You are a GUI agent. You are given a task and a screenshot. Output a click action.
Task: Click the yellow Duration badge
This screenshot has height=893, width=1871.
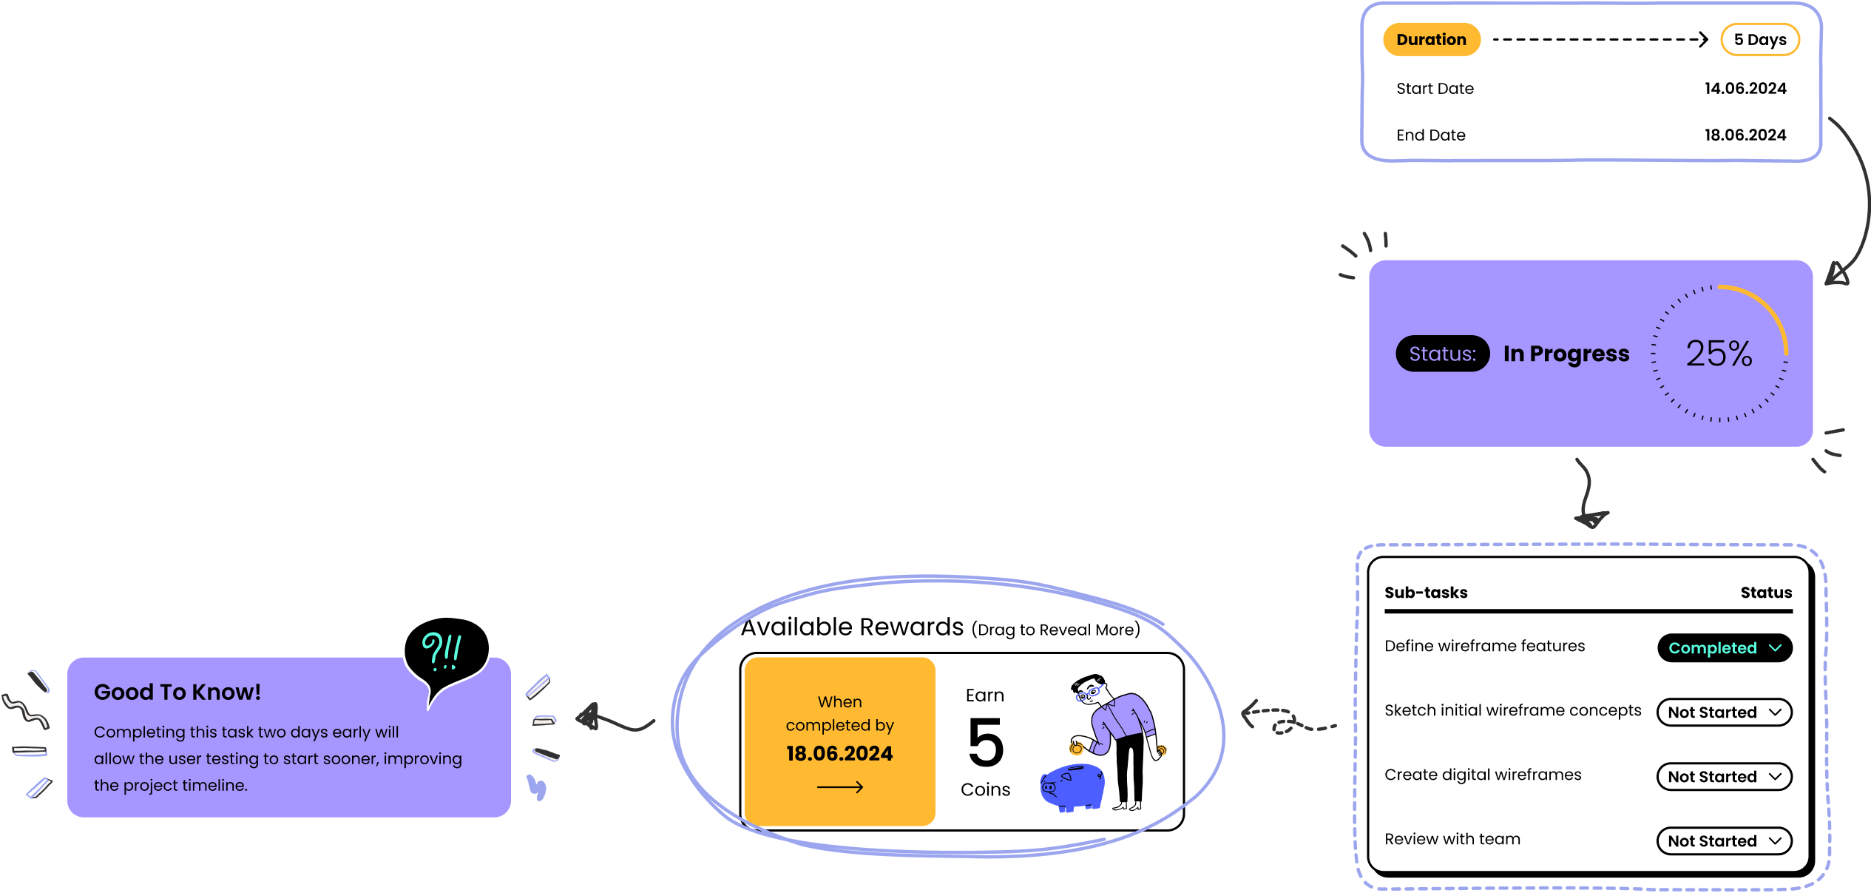(1431, 40)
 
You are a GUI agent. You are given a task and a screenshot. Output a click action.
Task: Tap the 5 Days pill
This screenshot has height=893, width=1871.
(1759, 40)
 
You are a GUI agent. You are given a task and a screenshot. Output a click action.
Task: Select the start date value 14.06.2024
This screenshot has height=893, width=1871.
(1745, 89)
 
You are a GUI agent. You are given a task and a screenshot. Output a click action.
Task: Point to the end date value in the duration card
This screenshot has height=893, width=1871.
(1745, 135)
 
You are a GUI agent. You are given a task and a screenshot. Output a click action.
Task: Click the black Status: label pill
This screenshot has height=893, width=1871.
(1442, 354)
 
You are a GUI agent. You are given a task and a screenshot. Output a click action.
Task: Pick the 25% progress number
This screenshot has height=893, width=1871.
(1719, 354)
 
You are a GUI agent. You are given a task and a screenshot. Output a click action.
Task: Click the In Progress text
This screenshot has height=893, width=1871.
(1566, 354)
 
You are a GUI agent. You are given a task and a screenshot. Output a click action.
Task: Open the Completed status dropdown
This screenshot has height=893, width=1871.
(1724, 648)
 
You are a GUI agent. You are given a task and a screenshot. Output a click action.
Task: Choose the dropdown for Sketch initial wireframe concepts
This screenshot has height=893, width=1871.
(1724, 712)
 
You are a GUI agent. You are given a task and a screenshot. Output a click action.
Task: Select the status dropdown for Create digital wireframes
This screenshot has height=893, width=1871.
(1724, 777)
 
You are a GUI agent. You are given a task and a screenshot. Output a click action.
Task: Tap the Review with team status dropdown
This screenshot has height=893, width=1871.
(1724, 841)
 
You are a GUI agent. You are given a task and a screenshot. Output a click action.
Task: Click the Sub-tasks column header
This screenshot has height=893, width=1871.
(1426, 593)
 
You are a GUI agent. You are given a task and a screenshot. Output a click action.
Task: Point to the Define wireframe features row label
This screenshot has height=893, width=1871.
(1484, 646)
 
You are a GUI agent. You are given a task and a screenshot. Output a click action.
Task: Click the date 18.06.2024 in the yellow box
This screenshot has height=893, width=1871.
(839, 754)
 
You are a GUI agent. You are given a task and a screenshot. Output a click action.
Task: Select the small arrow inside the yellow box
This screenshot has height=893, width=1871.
(839, 787)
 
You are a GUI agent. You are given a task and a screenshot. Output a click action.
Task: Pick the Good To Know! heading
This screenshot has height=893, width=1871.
(177, 693)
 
